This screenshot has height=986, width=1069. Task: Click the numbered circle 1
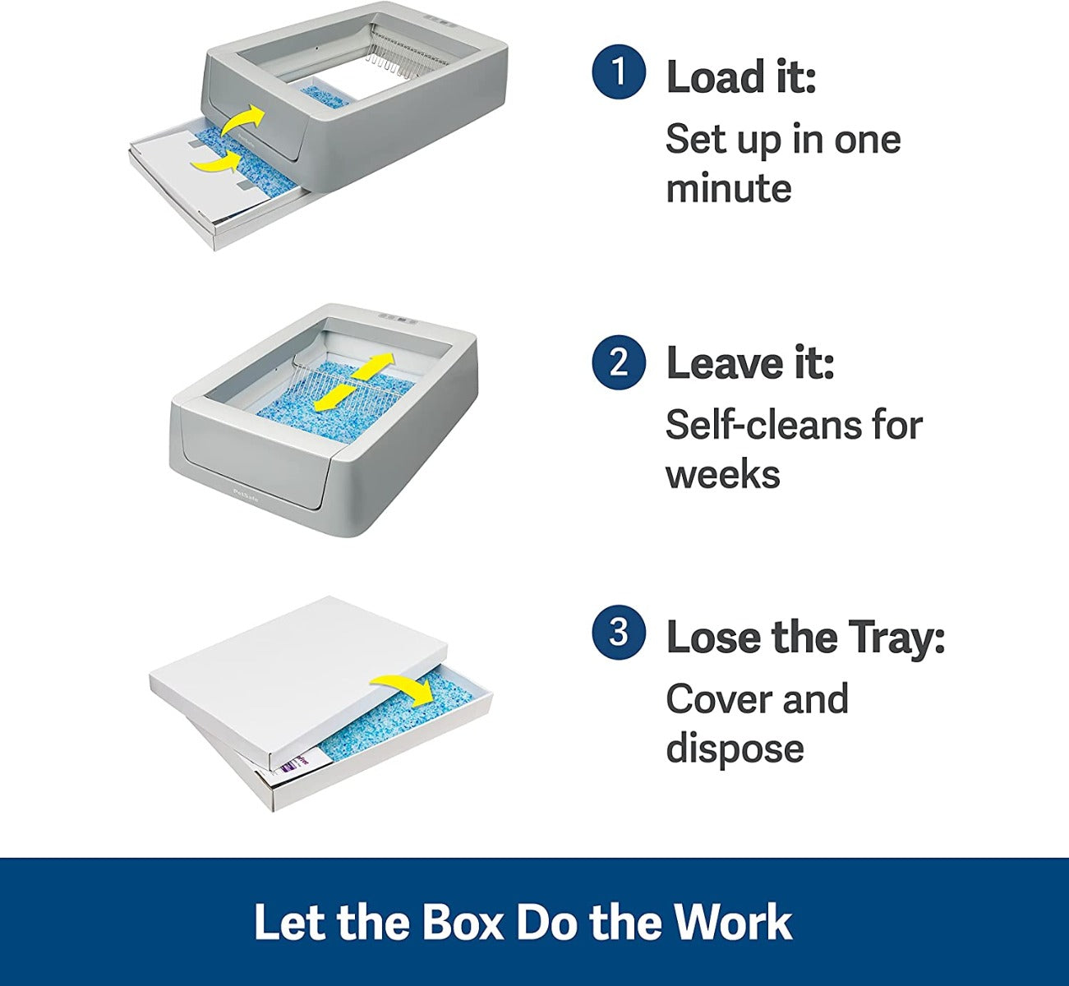click(x=618, y=72)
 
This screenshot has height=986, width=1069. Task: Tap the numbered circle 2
click(x=618, y=362)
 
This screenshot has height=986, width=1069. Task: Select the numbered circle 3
click(x=618, y=633)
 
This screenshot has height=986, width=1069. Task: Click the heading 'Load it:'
click(x=740, y=77)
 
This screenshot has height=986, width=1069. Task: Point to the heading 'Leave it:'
click(x=749, y=363)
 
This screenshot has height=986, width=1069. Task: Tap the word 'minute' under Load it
click(x=728, y=189)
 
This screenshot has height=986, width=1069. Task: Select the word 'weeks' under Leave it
click(x=722, y=475)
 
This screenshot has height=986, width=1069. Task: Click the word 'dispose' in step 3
click(x=735, y=749)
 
